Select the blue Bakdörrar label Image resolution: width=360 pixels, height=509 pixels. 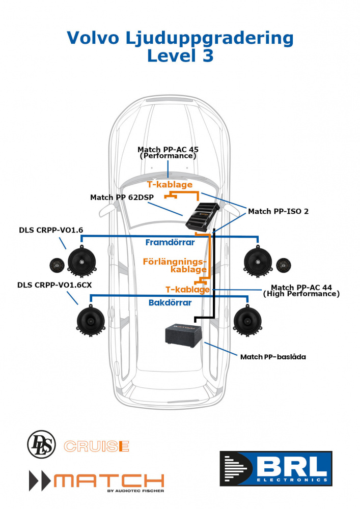point(170,303)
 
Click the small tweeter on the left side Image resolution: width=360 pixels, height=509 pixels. point(57,265)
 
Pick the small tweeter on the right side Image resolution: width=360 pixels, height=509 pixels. point(284,265)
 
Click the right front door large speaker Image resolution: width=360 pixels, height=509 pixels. point(258,261)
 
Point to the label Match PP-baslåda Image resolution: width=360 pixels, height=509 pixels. point(272,357)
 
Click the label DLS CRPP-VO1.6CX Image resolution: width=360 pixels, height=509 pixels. point(54,285)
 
